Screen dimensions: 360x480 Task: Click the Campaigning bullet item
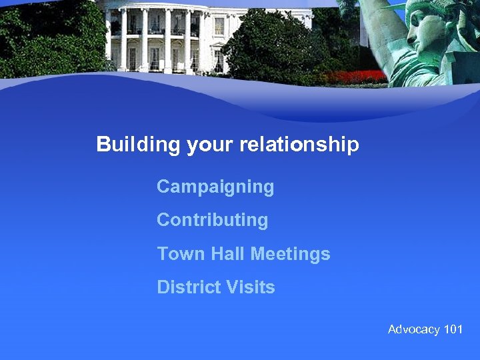[x=215, y=187]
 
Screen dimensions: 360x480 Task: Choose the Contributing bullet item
[x=212, y=220]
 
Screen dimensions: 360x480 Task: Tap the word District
[x=187, y=287]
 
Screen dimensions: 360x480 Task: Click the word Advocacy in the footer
[x=413, y=329]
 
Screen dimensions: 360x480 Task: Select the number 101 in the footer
[x=453, y=329]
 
